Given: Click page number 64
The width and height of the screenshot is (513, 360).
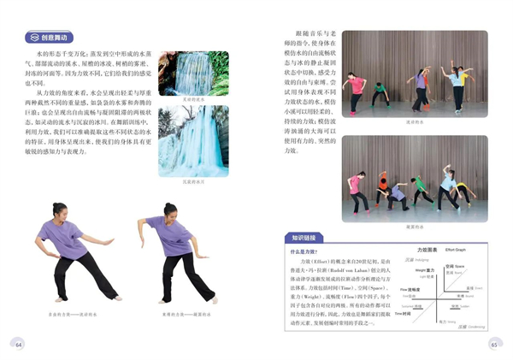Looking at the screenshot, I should [19, 344].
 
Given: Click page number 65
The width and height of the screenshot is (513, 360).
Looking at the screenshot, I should [493, 344].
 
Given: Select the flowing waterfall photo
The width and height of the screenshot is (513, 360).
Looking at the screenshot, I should [193, 74].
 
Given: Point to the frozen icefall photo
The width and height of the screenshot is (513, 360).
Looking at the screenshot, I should [193, 141].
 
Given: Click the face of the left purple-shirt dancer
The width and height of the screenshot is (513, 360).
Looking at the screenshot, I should [60, 210].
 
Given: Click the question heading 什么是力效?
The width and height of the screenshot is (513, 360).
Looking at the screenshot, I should [307, 252].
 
